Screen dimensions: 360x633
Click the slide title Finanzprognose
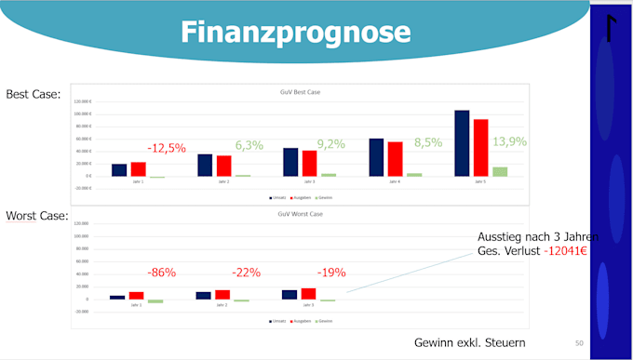point(295,33)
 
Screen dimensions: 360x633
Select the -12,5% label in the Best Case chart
point(167,148)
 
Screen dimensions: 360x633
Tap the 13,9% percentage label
point(509,141)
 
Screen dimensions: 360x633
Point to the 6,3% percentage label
point(249,145)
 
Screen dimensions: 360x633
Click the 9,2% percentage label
point(330,144)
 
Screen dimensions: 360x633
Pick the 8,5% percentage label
point(429,143)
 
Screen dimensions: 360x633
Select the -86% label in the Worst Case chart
point(162,273)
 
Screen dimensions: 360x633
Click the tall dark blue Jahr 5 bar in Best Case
point(462,143)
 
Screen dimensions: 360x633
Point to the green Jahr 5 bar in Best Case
point(500,171)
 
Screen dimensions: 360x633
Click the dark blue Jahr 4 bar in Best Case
point(376,157)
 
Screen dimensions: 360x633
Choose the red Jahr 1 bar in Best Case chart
point(138,169)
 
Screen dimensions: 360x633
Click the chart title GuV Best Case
point(300,92)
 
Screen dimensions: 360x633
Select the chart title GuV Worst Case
point(300,215)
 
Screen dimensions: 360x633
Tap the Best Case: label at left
point(34,94)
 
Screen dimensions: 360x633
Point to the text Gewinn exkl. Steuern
point(469,343)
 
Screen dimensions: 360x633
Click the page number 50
point(579,343)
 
